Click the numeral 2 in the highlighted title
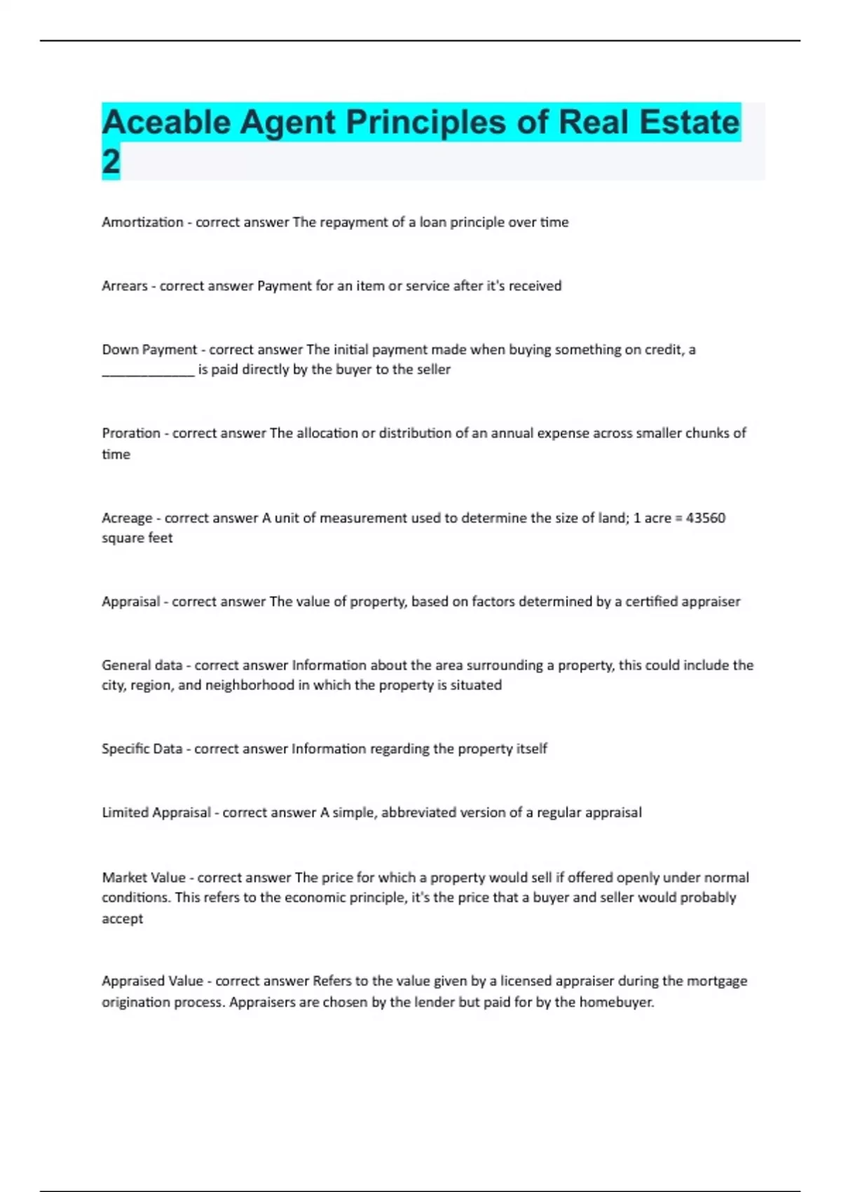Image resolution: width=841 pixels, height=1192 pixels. coord(111,162)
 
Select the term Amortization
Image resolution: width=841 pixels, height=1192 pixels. coord(142,222)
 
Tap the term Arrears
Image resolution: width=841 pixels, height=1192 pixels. coord(125,286)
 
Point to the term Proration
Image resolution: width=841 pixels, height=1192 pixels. coord(131,433)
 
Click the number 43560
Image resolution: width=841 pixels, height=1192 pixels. coord(705,518)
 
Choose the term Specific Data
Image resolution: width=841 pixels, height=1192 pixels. coord(142,749)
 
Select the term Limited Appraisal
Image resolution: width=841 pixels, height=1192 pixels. coord(156,813)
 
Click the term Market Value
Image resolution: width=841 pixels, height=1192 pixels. coord(144,878)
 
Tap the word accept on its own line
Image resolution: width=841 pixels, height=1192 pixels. coord(122,919)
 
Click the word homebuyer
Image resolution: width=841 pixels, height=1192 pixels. coord(616,1003)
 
